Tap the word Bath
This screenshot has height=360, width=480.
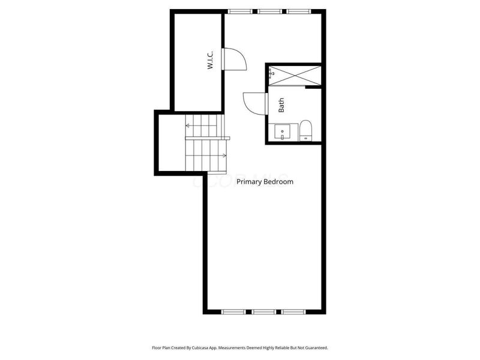pos(281,106)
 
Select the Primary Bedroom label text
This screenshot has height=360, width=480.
pos(265,181)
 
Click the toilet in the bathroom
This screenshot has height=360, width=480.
pos(305,130)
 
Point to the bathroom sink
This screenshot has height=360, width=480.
pos(282,131)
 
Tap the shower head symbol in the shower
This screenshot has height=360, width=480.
pos(271,74)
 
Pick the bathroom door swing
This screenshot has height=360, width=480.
pos(255,101)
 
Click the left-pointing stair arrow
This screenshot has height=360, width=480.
pos(188,125)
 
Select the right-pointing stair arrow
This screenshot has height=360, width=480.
pos(224,156)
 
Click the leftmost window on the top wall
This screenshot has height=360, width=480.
pos(240,11)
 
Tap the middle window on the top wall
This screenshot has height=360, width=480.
pos(268,11)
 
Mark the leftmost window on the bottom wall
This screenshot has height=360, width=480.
pos(234,312)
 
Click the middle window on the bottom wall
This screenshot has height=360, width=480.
pos(263,312)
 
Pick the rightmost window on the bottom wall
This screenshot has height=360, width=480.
pos(293,312)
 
